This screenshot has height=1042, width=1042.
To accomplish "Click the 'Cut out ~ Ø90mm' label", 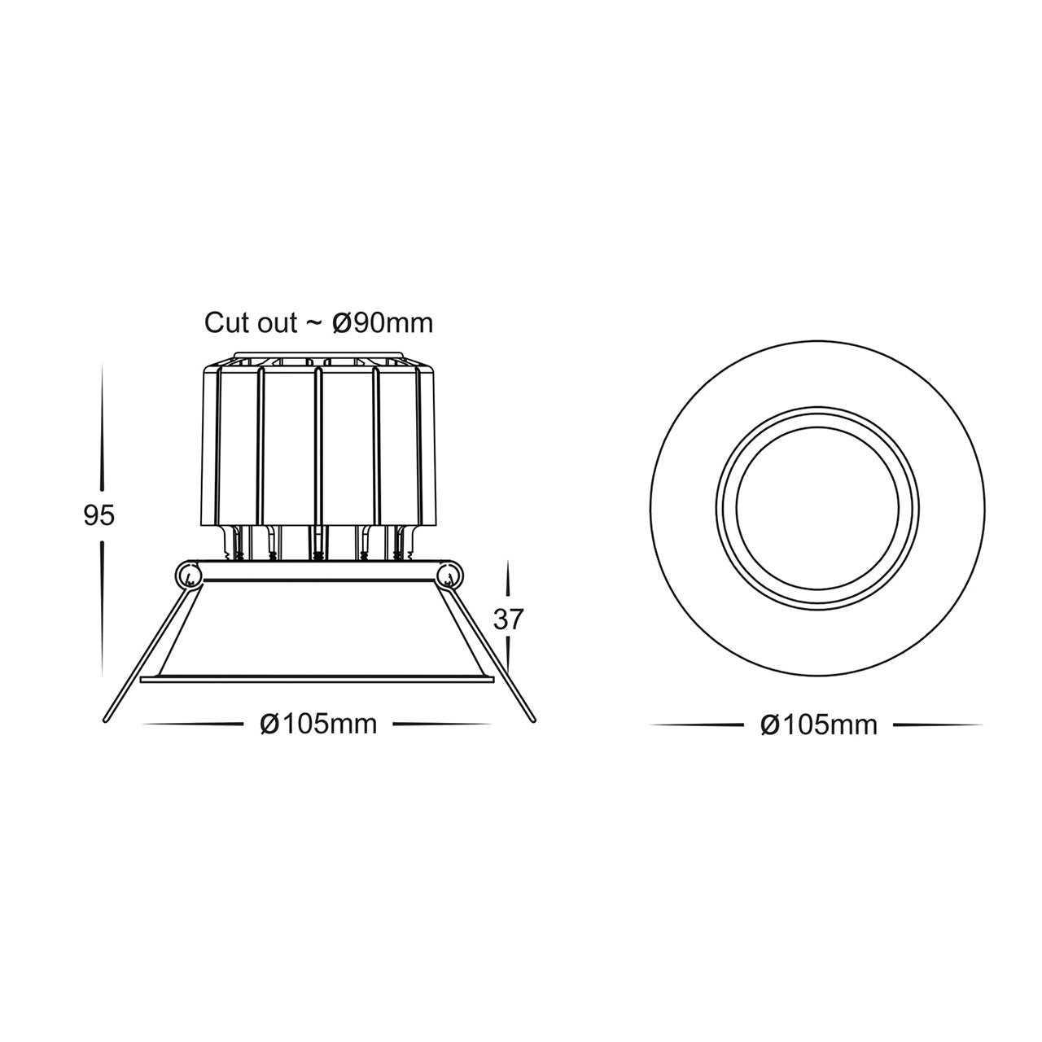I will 318,322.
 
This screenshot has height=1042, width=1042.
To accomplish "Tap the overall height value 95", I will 99,515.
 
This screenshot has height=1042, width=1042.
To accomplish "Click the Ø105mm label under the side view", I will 318,723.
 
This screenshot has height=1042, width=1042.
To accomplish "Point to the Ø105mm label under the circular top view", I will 818,725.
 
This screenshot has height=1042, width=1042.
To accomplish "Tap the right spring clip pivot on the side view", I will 448,576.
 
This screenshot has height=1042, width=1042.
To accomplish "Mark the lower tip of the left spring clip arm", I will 107,719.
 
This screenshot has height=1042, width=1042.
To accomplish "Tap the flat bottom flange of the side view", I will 318,678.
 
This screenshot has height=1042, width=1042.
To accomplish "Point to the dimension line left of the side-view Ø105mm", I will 195,724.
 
